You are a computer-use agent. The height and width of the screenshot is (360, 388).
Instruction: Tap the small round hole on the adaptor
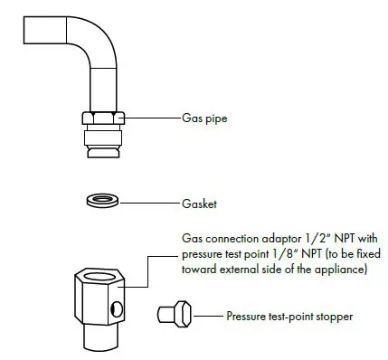(114, 310)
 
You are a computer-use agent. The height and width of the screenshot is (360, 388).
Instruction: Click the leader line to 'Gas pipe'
(145, 118)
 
